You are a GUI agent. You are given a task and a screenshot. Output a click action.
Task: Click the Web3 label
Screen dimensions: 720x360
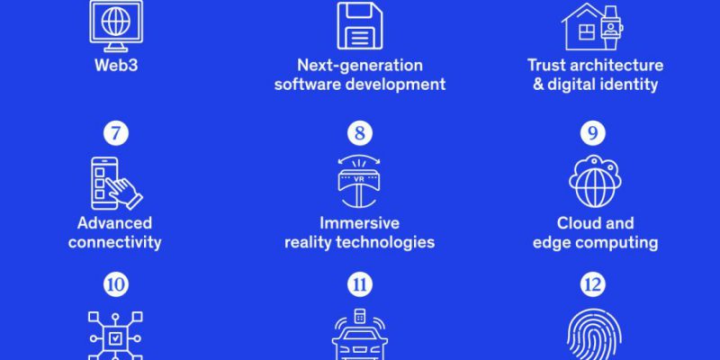tap(116, 65)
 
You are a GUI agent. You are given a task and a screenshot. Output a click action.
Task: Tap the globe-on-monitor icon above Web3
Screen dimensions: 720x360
tap(116, 26)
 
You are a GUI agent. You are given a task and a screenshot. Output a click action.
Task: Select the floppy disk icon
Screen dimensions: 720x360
tap(360, 25)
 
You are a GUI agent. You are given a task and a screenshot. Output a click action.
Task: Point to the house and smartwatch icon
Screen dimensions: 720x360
tap(592, 28)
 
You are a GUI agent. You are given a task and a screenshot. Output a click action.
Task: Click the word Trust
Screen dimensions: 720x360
tap(544, 65)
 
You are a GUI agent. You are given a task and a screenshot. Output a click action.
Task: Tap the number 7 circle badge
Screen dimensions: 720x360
tap(116, 133)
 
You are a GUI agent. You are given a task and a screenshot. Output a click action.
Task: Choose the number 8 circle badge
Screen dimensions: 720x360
tap(360, 133)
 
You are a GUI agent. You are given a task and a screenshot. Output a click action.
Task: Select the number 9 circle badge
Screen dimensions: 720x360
tap(593, 133)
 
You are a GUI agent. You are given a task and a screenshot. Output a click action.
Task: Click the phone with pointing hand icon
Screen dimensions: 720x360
tap(117, 184)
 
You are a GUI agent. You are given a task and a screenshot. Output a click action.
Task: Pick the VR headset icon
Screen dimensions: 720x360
tap(359, 182)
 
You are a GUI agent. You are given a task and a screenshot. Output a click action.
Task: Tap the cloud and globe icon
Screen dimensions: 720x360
tap(595, 182)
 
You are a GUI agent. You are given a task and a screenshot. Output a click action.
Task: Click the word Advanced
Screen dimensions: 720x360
tap(115, 223)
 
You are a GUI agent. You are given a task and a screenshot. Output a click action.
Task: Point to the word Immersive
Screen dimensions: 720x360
tap(359, 223)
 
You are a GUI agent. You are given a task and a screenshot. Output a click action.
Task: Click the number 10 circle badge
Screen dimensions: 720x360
tap(116, 284)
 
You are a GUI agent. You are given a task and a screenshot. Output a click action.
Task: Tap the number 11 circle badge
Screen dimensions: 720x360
tap(360, 284)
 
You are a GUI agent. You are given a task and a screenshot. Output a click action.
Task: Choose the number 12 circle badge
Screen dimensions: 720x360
tap(593, 284)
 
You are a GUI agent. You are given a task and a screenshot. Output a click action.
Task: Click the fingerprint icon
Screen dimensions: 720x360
tap(595, 335)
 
